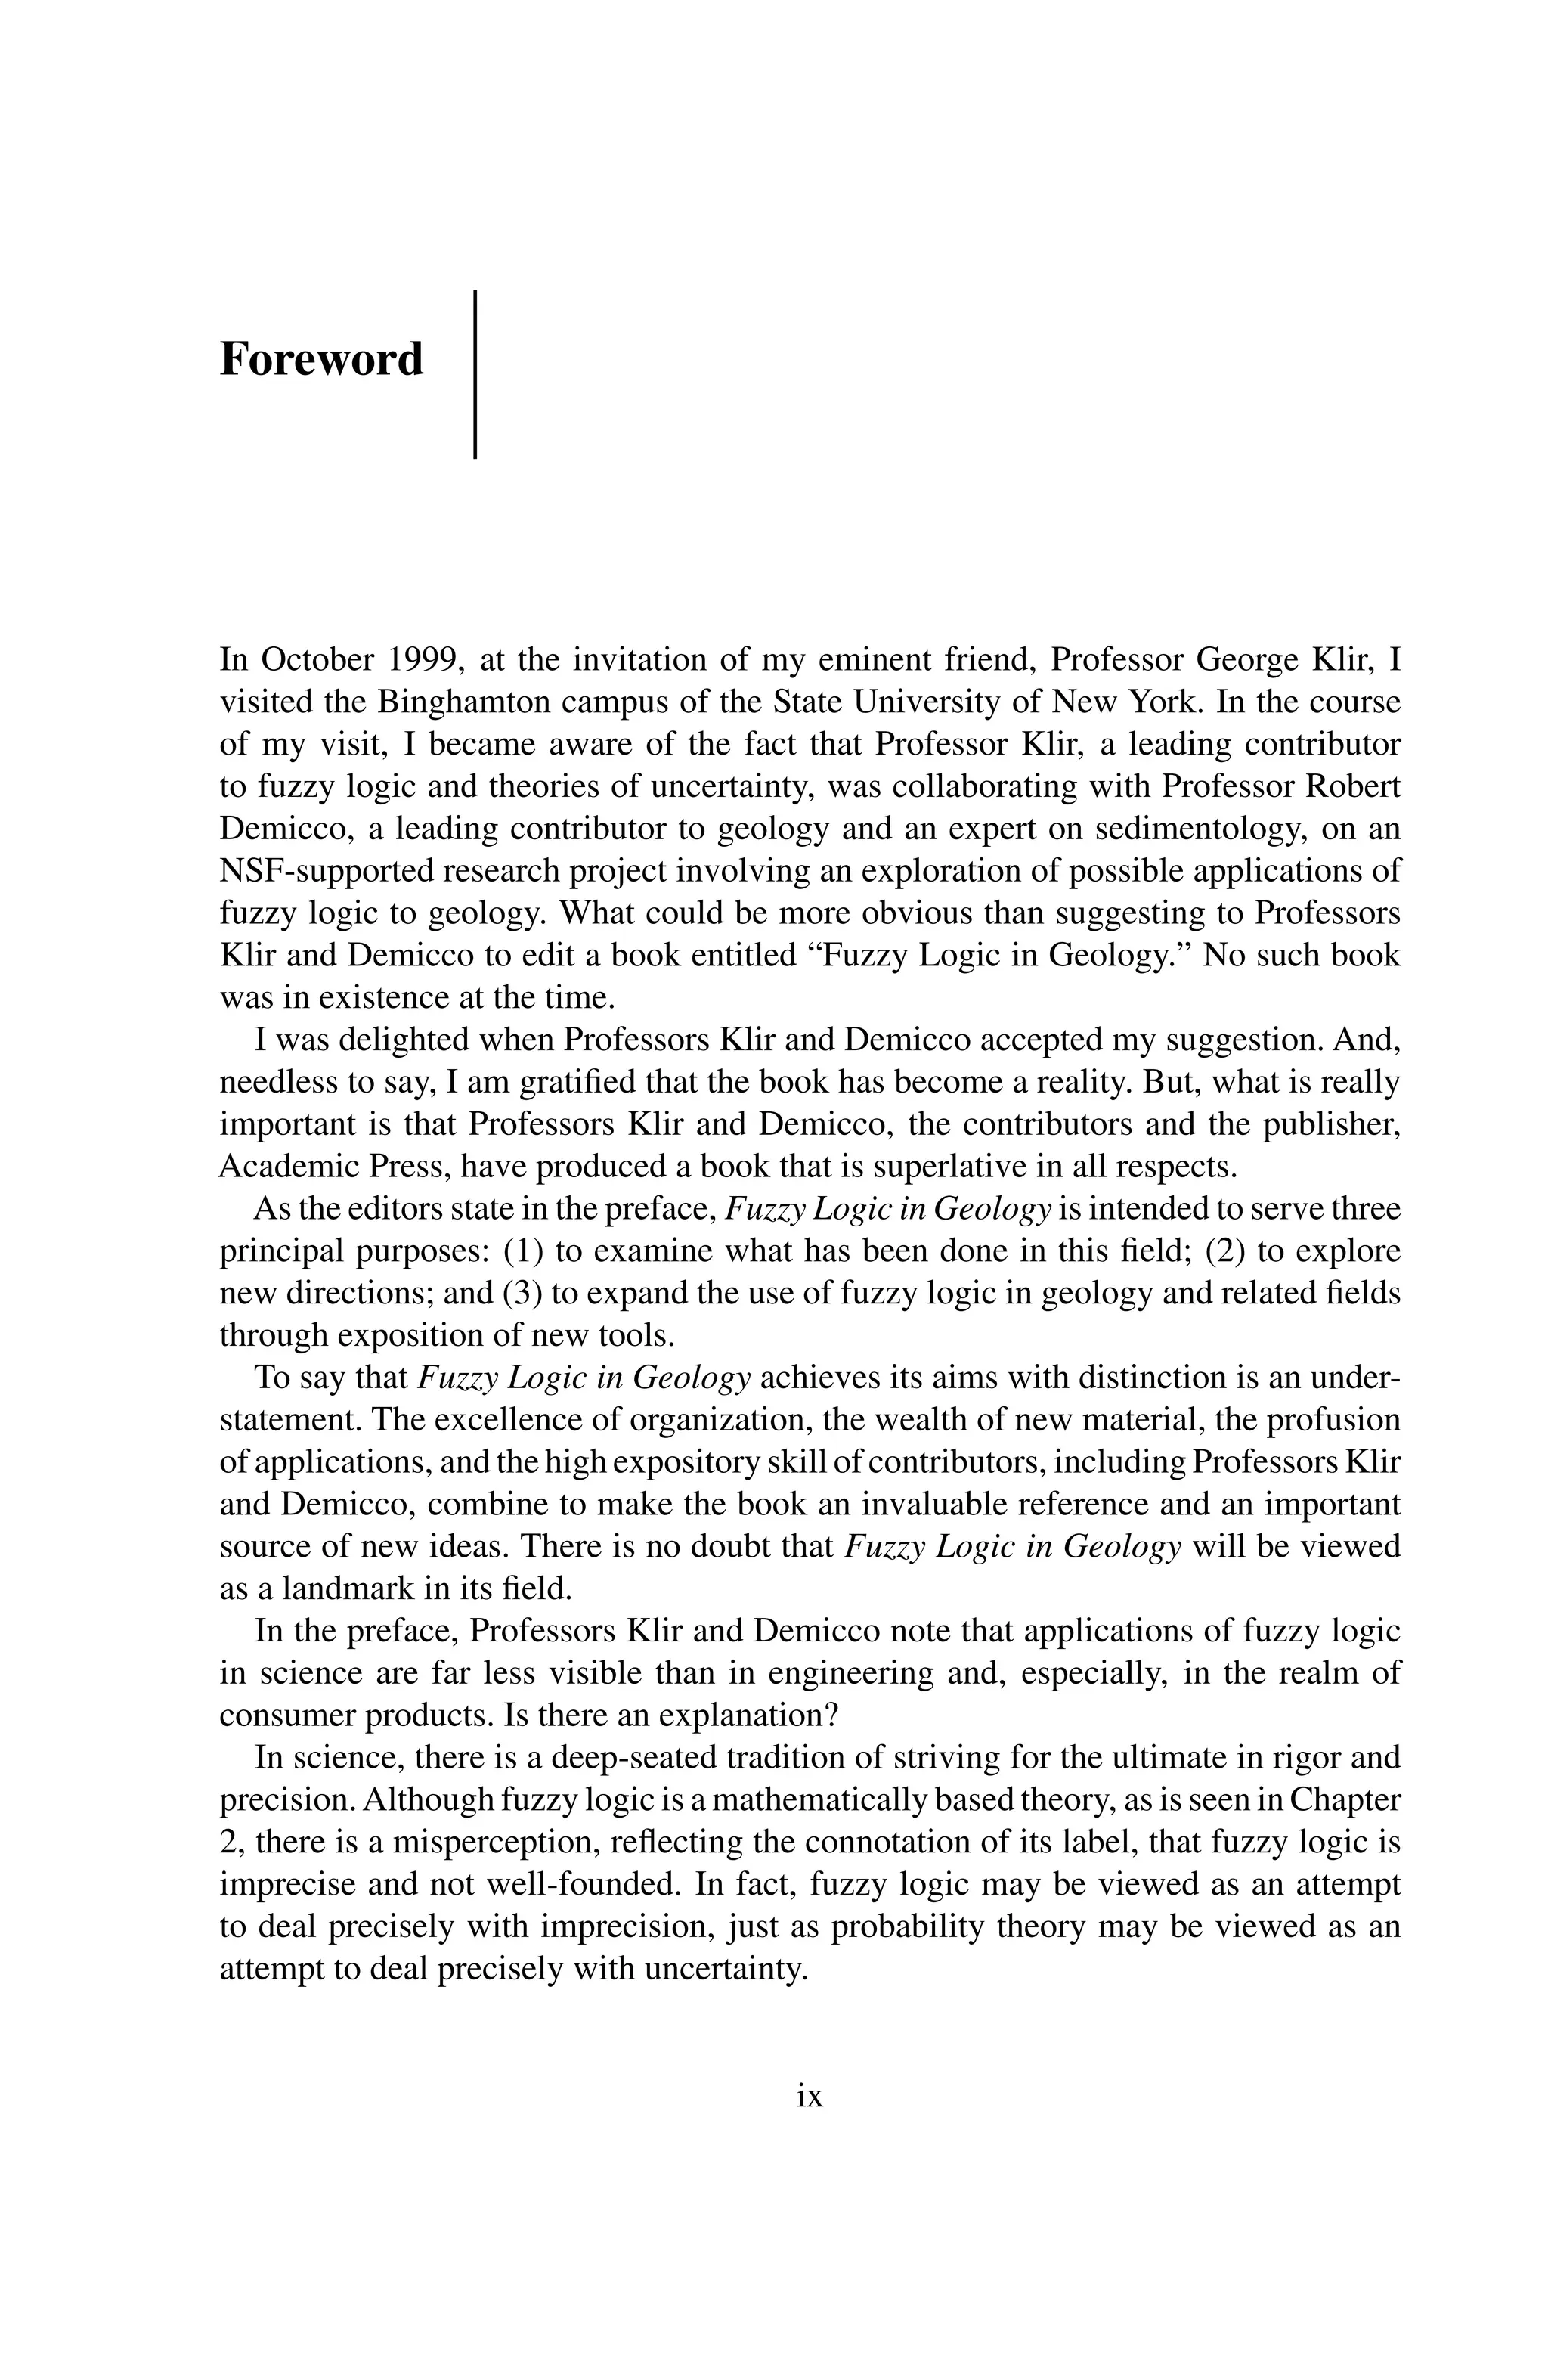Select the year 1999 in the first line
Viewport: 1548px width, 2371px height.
click(426, 659)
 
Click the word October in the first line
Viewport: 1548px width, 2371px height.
click(319, 659)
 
